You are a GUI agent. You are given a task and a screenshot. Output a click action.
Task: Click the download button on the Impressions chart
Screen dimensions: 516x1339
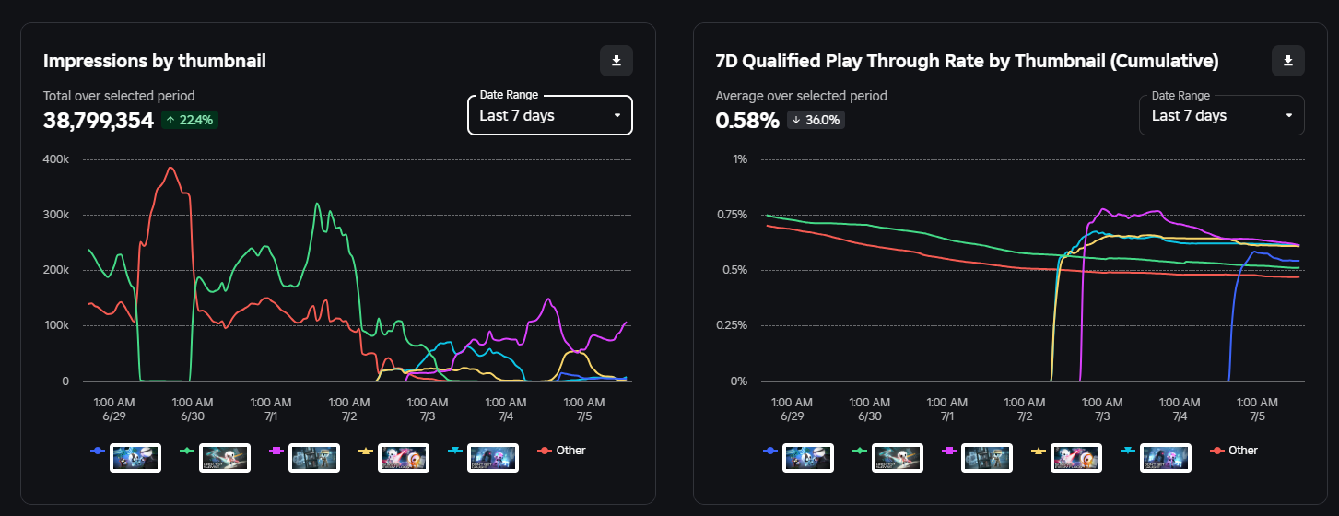(x=617, y=61)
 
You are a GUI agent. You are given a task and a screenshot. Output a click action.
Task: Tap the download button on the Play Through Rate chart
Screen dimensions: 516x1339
(x=1288, y=61)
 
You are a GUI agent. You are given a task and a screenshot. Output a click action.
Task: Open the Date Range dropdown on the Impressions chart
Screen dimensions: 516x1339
(x=549, y=115)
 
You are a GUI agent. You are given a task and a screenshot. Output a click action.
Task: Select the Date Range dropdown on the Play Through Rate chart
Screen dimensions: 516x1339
(x=1221, y=115)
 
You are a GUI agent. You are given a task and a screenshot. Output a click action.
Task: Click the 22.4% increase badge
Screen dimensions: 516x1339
(x=190, y=120)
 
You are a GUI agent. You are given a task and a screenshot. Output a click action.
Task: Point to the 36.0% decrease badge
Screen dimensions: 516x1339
(x=816, y=120)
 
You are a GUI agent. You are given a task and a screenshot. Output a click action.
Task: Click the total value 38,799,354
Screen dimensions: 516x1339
(x=99, y=120)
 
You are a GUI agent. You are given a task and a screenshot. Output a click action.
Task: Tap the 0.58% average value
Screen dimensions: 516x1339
(x=747, y=120)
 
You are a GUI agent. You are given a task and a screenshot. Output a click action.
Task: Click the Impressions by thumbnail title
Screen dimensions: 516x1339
(x=155, y=61)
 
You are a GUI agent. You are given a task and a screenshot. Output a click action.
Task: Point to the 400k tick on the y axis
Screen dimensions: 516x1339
(x=56, y=159)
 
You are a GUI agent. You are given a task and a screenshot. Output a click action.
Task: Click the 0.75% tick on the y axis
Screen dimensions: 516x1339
(x=733, y=215)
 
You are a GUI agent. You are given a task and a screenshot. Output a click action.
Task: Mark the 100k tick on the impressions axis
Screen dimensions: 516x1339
(x=56, y=325)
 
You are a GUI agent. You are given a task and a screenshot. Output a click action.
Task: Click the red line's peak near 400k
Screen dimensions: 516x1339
(x=170, y=168)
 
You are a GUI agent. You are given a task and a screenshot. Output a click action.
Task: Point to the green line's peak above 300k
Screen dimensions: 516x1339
(x=317, y=204)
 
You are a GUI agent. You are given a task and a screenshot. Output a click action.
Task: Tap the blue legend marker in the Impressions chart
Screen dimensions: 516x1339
(x=97, y=451)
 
